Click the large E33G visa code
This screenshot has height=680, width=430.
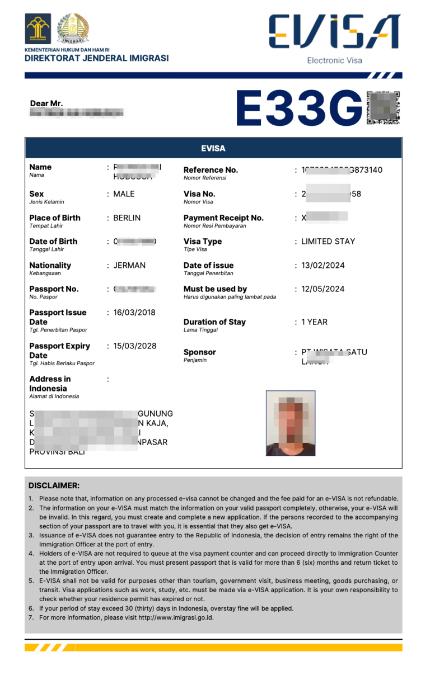[300, 108]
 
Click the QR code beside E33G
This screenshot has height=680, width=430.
[384, 108]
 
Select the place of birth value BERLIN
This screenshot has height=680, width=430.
[127, 218]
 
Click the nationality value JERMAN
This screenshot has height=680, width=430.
[129, 265]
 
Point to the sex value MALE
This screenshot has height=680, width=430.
[124, 194]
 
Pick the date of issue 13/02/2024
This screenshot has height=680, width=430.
[323, 265]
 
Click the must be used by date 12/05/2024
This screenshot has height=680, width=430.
[323, 289]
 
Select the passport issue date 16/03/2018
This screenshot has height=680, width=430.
[134, 312]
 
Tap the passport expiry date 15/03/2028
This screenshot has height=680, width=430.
[135, 346]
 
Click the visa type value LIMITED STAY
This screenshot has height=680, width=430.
[328, 241]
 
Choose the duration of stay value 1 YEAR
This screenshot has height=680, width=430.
[315, 322]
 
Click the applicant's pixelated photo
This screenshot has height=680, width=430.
[291, 423]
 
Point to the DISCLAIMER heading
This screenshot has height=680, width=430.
[54, 485]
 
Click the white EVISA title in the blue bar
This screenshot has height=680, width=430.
[213, 148]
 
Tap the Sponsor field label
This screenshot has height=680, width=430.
[199, 352]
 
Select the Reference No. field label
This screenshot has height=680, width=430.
[211, 170]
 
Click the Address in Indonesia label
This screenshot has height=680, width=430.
[50, 383]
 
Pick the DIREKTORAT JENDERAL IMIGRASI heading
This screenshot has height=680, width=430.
[96, 58]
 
